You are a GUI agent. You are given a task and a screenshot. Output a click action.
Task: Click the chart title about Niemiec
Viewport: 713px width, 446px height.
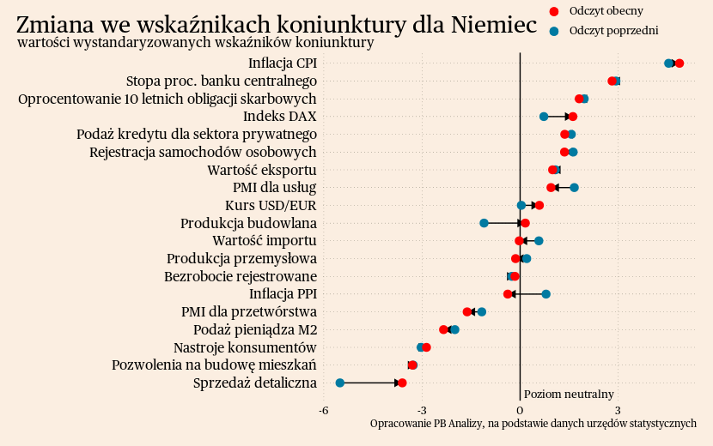[277, 24]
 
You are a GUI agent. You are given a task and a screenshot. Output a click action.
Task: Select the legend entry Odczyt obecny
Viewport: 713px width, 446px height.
[554, 11]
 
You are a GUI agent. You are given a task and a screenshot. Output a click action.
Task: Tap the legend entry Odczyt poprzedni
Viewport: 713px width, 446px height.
[554, 31]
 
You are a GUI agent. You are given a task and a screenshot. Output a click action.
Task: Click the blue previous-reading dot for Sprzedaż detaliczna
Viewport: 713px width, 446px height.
[340, 383]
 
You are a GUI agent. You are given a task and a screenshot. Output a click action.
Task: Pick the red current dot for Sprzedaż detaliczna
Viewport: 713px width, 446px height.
[402, 383]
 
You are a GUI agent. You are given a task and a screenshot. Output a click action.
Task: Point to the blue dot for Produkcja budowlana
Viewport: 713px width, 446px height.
[484, 223]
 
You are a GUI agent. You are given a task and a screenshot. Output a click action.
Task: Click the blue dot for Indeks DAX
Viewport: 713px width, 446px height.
[544, 117]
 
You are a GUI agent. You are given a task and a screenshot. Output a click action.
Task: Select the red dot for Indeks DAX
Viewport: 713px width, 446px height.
[573, 117]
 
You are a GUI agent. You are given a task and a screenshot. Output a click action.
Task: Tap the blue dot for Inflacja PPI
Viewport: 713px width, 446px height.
[546, 294]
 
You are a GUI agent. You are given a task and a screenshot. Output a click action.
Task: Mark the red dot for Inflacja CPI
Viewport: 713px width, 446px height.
[679, 63]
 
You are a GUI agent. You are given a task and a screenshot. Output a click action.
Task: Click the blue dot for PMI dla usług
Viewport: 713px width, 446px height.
[575, 188]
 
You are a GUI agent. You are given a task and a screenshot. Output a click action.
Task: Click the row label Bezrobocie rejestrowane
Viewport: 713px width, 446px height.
[241, 276]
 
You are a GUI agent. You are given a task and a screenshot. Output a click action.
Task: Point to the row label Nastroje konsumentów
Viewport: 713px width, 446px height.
[245, 347]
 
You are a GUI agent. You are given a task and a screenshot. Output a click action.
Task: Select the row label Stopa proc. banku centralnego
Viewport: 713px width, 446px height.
[222, 81]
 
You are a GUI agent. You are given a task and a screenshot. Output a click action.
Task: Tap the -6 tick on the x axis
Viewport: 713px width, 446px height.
[324, 411]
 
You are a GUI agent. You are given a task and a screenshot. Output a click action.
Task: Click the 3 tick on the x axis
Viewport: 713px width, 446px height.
[618, 411]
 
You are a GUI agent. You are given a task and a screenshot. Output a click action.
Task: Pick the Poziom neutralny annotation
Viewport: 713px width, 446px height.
[569, 395]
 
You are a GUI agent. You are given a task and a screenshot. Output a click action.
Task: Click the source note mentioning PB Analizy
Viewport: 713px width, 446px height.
[533, 424]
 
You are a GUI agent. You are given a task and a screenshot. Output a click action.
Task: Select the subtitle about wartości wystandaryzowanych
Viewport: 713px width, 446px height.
[195, 43]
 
